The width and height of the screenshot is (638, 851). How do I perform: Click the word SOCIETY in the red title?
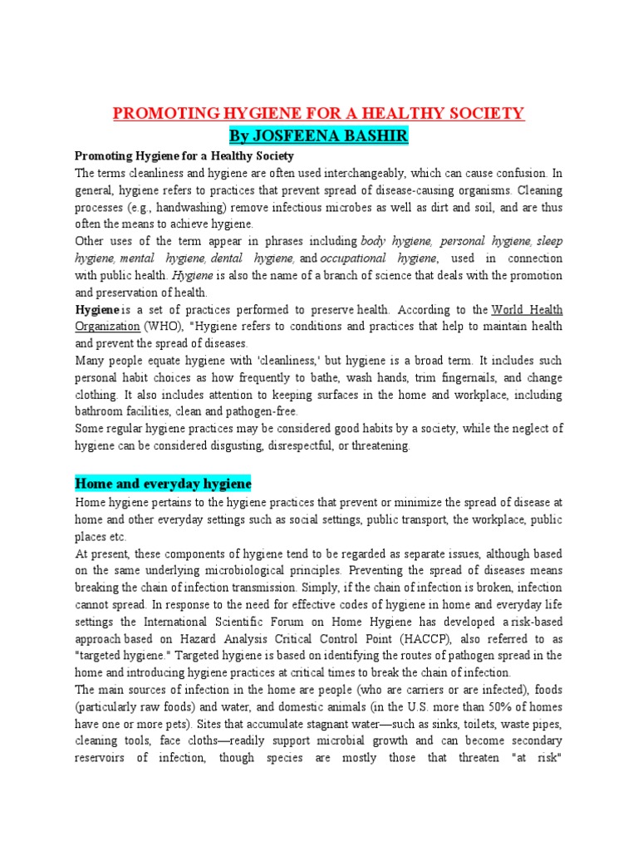pyautogui.click(x=485, y=113)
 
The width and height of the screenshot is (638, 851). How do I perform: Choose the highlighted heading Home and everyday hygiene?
pyautogui.click(x=163, y=483)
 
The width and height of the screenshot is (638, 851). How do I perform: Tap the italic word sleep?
pyautogui.click(x=549, y=242)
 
